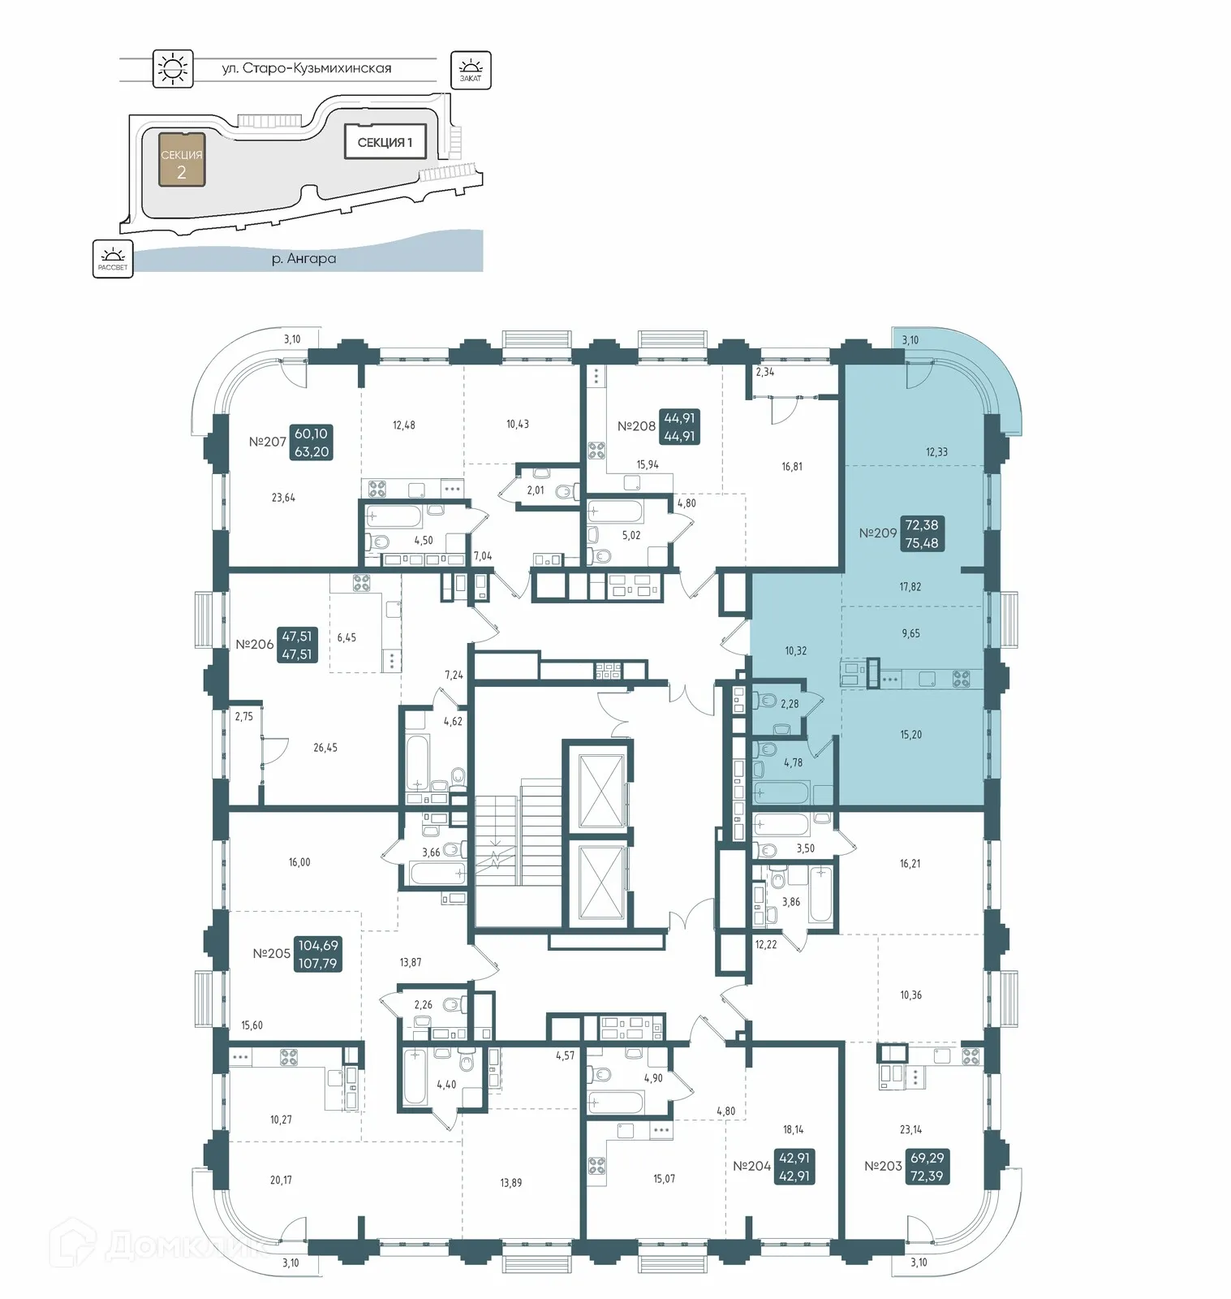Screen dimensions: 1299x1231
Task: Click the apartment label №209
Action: coord(878,533)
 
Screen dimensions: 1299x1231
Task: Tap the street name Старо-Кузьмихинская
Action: coord(307,68)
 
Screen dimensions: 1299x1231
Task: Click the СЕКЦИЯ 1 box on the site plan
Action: coord(385,142)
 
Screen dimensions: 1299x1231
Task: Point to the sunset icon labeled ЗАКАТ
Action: coord(471,70)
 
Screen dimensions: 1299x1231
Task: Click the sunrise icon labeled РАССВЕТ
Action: coord(113,259)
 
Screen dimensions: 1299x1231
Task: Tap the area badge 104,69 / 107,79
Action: coord(318,954)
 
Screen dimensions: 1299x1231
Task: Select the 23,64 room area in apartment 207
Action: coord(283,498)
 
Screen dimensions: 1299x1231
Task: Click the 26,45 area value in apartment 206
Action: coord(325,748)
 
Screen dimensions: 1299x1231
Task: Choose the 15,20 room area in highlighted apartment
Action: coord(910,735)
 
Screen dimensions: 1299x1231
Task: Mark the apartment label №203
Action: coord(883,1166)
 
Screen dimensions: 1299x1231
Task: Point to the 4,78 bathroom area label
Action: coord(793,762)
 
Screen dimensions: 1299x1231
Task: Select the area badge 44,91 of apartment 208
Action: coord(679,427)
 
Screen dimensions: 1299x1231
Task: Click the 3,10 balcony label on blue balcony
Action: coord(910,340)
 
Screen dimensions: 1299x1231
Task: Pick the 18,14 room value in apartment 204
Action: coord(794,1129)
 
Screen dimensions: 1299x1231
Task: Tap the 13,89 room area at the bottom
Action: coord(511,1183)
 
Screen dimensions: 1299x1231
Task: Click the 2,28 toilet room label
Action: coord(790,704)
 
